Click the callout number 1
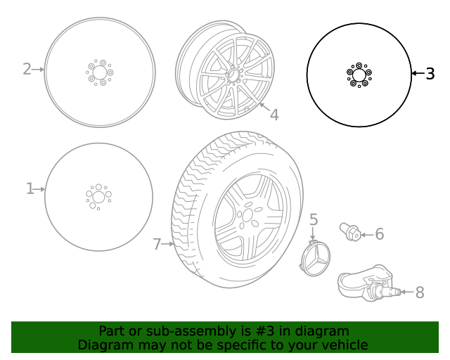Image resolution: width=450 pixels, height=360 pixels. click(30, 188)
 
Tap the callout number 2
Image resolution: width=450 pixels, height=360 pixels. click(27, 69)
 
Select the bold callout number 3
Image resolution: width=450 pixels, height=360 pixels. click(430, 73)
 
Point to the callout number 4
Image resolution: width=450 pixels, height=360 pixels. click(274, 115)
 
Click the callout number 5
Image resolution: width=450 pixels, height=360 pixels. click(314, 219)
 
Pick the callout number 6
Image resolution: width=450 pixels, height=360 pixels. click(379, 234)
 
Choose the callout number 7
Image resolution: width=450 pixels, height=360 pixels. click(157, 244)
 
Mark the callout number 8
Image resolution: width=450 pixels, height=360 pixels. click(420, 292)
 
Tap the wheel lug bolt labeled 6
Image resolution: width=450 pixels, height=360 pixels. click(350, 231)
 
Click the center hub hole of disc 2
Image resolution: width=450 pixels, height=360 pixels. click(99, 72)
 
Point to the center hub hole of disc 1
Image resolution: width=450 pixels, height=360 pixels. click(98, 197)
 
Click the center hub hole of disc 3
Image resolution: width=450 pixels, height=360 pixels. click(359, 75)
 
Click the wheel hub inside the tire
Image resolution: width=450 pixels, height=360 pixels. click(247, 214)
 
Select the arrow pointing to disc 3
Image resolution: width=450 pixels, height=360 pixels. click(418, 73)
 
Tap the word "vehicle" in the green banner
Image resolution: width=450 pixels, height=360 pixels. click(345, 345)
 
